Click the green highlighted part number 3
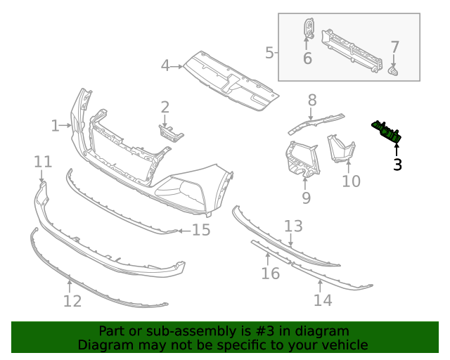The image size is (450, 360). pos(387,132)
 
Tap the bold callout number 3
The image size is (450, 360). pos(397,165)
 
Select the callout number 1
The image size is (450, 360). pos(55,126)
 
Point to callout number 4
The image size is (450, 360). pos(165,65)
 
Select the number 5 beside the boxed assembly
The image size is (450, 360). pos(269,53)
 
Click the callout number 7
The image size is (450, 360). pos(395,48)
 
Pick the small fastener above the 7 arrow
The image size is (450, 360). pos(394,70)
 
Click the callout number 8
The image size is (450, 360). pos(311,100)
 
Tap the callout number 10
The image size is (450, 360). pos(351,181)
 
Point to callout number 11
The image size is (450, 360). pos(43,162)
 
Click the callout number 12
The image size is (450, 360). pos(72,301)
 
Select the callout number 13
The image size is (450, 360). pos(293,226)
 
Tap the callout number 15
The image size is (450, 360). pos(201,230)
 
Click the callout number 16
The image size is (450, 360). pos(271,272)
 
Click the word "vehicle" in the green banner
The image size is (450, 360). pos(343,345)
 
